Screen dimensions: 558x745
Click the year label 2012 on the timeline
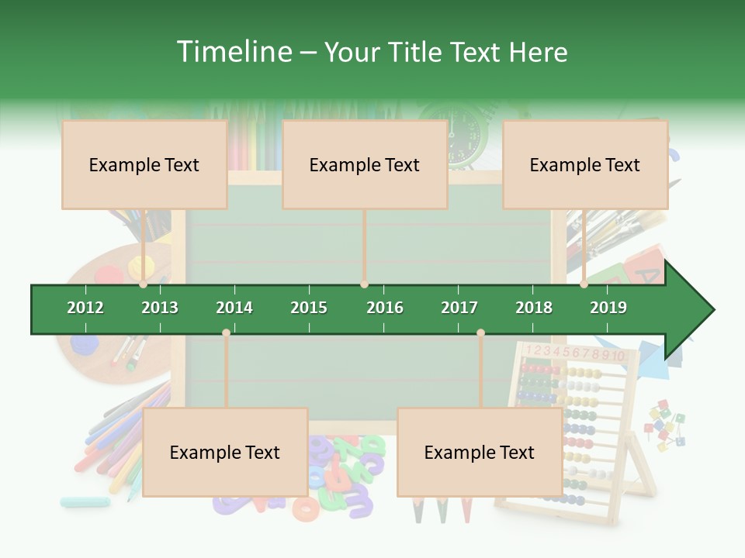coord(85,308)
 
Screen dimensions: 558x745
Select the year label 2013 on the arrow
coord(160,308)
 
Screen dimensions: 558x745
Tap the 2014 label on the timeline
coord(234,308)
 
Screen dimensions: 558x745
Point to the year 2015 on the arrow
coord(309,308)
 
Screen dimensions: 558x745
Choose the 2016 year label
coord(385,308)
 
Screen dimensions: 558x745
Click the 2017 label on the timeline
coord(459,308)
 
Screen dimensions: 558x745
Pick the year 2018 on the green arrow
coord(534,308)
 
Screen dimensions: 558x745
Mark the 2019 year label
coord(608,308)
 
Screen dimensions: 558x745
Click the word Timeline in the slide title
coord(233,52)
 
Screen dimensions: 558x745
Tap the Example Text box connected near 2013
coord(144,164)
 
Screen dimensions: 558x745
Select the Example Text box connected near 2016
coord(365,164)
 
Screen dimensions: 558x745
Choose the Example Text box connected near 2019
coord(585,164)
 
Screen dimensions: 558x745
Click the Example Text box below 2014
coord(225,452)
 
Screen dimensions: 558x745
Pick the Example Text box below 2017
coord(480,452)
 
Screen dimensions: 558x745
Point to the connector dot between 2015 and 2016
coord(364,284)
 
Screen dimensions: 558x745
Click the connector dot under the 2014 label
coord(226,332)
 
